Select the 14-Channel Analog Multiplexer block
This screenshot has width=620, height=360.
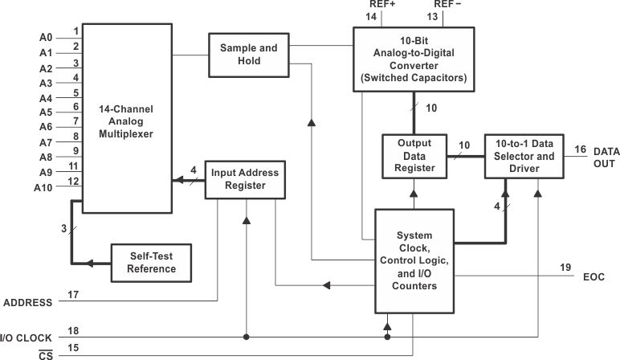click(127, 118)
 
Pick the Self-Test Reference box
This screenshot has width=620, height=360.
click(151, 262)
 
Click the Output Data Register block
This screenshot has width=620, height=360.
click(415, 155)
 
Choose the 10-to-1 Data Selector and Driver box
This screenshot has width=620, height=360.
click(521, 155)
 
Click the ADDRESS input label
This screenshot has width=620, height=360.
click(28, 303)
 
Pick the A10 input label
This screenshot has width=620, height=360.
click(43, 187)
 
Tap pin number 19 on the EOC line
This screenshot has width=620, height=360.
click(565, 267)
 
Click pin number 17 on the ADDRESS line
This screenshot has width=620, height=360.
click(73, 294)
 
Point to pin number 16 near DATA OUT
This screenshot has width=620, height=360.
click(580, 149)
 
